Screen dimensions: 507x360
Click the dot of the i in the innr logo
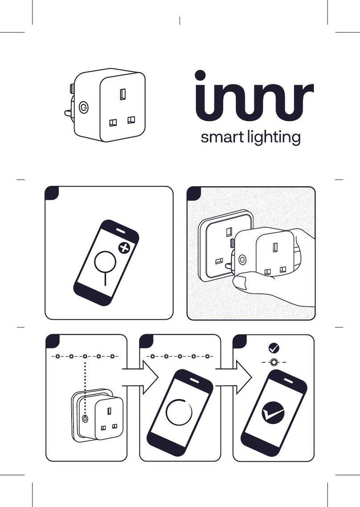pyautogui.click(x=200, y=75)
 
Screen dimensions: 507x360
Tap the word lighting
pyautogui.click(x=274, y=138)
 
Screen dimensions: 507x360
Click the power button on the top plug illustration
pyautogui.click(x=83, y=107)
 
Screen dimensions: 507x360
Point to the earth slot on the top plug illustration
pyautogui.click(x=123, y=94)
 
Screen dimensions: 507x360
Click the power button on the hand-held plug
pyautogui.click(x=242, y=259)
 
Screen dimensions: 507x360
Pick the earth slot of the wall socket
pyautogui.click(x=229, y=232)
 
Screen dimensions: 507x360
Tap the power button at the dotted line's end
pyautogui.click(x=85, y=419)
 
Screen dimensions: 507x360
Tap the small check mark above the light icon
pyautogui.click(x=274, y=348)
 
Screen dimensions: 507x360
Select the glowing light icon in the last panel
pyautogui.click(x=274, y=362)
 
